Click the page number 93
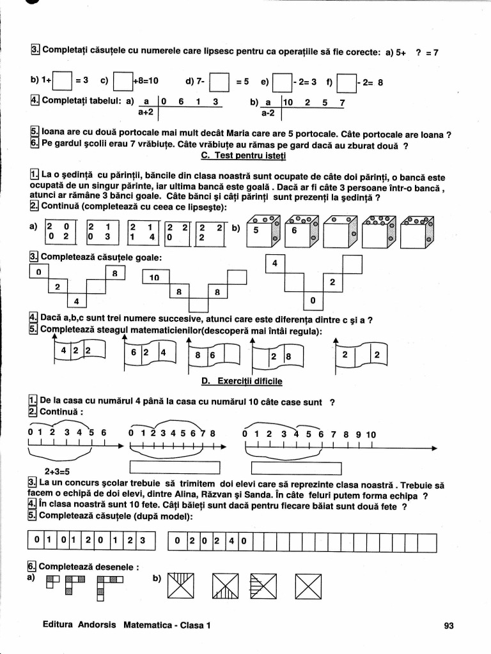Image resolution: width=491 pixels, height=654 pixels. click(448, 626)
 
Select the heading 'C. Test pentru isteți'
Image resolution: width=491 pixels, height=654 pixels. click(244, 155)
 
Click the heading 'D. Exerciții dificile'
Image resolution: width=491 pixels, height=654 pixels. click(242, 381)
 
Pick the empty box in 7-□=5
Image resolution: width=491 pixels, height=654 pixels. click(219, 82)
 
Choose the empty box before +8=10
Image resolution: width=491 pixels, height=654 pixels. click(122, 82)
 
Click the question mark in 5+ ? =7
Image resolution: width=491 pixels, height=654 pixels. click(417, 53)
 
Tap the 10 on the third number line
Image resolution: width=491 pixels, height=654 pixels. click(371, 435)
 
